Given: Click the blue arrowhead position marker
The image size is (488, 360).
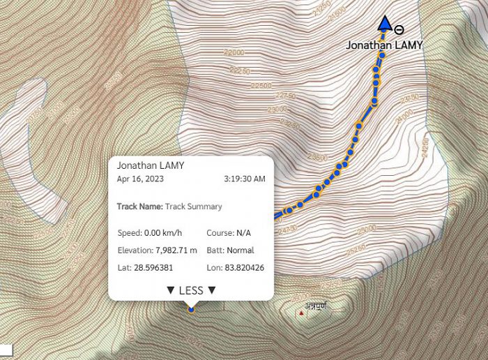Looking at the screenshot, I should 384,24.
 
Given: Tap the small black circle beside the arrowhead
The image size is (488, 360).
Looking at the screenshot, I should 398,29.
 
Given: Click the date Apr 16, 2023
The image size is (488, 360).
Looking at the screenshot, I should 139,179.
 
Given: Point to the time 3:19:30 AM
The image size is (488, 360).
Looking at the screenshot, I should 245,179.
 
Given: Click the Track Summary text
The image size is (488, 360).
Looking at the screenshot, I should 194,207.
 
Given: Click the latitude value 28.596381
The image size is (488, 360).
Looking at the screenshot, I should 154,268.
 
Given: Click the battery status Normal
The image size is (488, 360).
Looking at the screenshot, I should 240,250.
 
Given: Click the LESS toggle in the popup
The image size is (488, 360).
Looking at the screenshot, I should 190,290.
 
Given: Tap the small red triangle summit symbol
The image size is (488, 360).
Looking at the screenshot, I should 301,313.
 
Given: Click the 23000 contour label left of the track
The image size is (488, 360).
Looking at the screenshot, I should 277,110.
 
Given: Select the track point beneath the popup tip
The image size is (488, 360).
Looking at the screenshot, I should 191,309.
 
